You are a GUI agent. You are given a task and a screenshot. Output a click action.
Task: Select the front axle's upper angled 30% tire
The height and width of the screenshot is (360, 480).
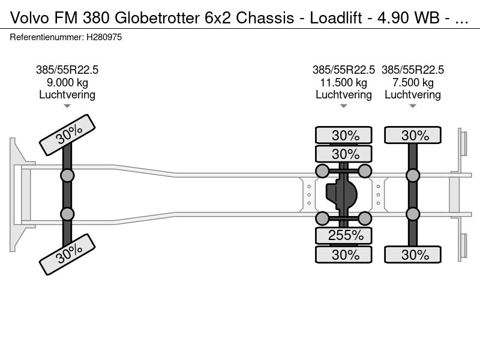tap(67, 136)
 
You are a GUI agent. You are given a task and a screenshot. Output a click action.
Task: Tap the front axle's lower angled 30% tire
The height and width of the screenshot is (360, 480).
tap(67, 254)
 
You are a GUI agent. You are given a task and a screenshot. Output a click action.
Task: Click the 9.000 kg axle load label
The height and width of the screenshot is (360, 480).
tap(67, 82)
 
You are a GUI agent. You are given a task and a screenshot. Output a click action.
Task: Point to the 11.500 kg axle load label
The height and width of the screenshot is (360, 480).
tap(344, 82)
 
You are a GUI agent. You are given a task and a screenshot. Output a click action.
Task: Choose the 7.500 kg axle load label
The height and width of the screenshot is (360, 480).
tap(413, 82)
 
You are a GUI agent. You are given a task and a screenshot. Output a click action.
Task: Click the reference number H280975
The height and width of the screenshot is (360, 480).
tap(104, 37)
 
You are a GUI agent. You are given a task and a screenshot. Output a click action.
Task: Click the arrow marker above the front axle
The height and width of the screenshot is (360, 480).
tap(67, 106)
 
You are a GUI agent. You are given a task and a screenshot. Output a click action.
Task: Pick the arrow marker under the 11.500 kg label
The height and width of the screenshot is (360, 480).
tap(344, 106)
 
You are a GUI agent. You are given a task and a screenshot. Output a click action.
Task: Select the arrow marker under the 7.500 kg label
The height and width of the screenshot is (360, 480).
tap(413, 106)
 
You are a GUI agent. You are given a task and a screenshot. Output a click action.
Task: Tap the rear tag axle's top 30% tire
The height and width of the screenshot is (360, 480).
tap(413, 135)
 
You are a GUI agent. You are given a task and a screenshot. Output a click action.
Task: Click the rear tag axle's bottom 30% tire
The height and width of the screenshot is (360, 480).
tap(413, 254)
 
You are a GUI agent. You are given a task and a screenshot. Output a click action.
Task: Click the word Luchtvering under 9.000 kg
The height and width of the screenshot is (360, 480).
tap(67, 94)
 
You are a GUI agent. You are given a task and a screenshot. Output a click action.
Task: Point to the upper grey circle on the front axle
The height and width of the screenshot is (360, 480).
tap(67, 175)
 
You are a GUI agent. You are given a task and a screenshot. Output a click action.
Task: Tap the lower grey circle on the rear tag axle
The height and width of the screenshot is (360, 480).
tap(413, 214)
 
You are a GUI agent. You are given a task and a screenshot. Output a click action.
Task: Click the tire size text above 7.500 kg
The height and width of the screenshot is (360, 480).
tap(413, 70)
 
